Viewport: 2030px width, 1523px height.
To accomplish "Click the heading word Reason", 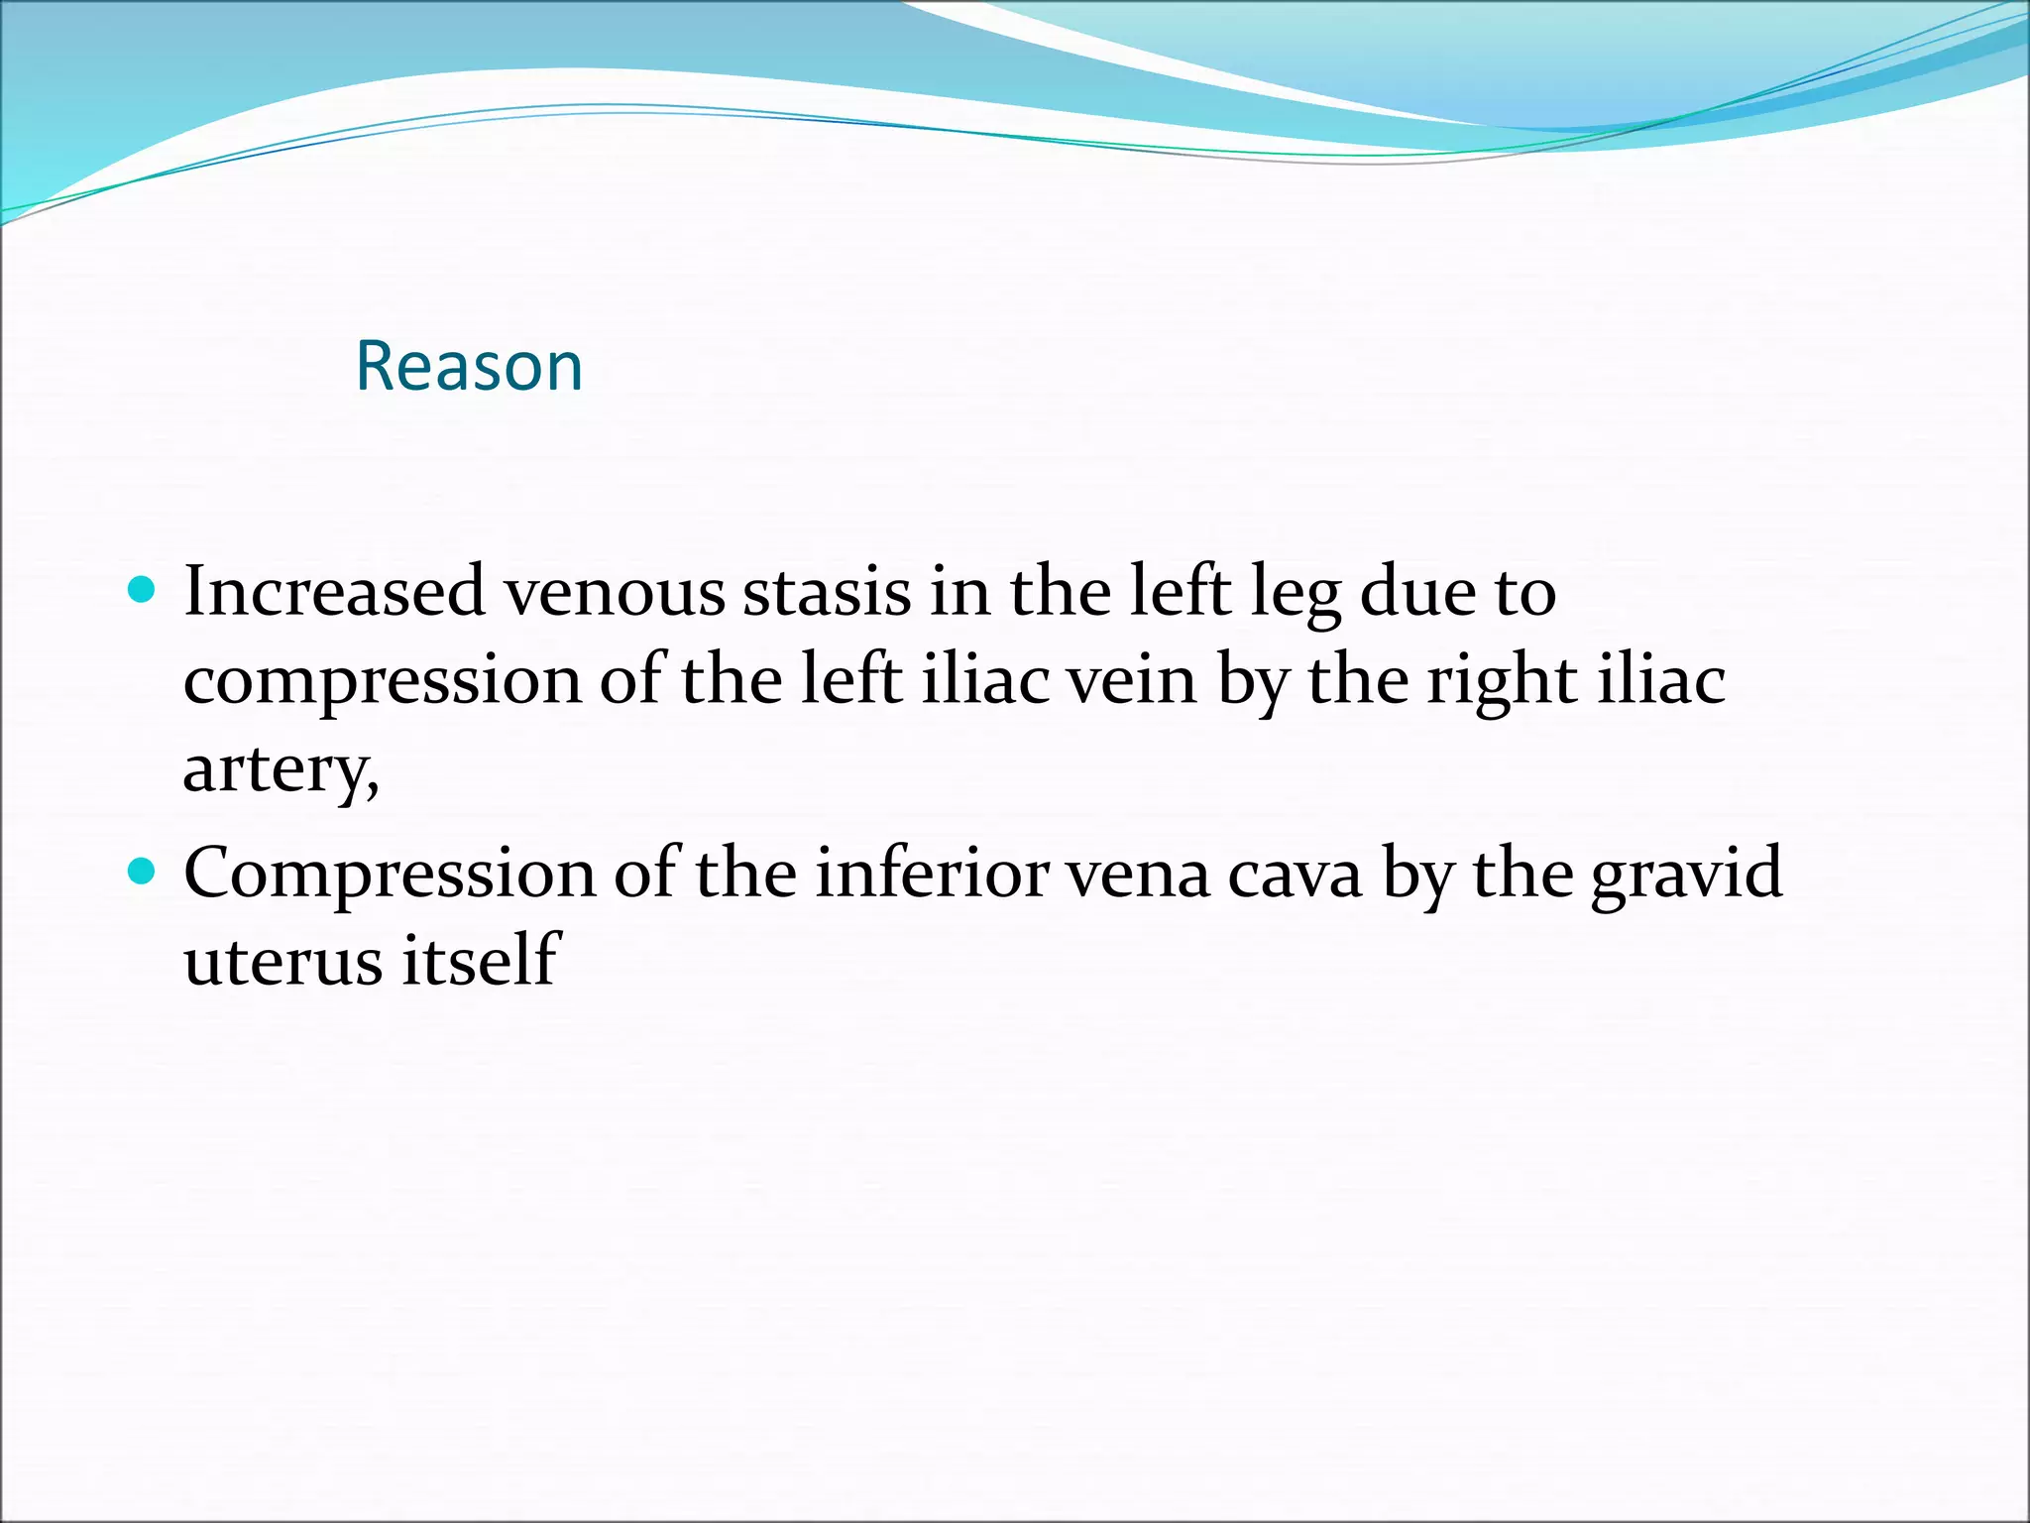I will (469, 366).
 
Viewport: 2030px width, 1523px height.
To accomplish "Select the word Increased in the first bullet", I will (334, 592).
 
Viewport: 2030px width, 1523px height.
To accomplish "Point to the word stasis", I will (827, 592).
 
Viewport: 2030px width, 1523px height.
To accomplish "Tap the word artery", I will (279, 769).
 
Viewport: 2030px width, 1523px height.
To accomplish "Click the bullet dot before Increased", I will (143, 591).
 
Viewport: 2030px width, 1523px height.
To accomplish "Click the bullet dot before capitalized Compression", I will (143, 873).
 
